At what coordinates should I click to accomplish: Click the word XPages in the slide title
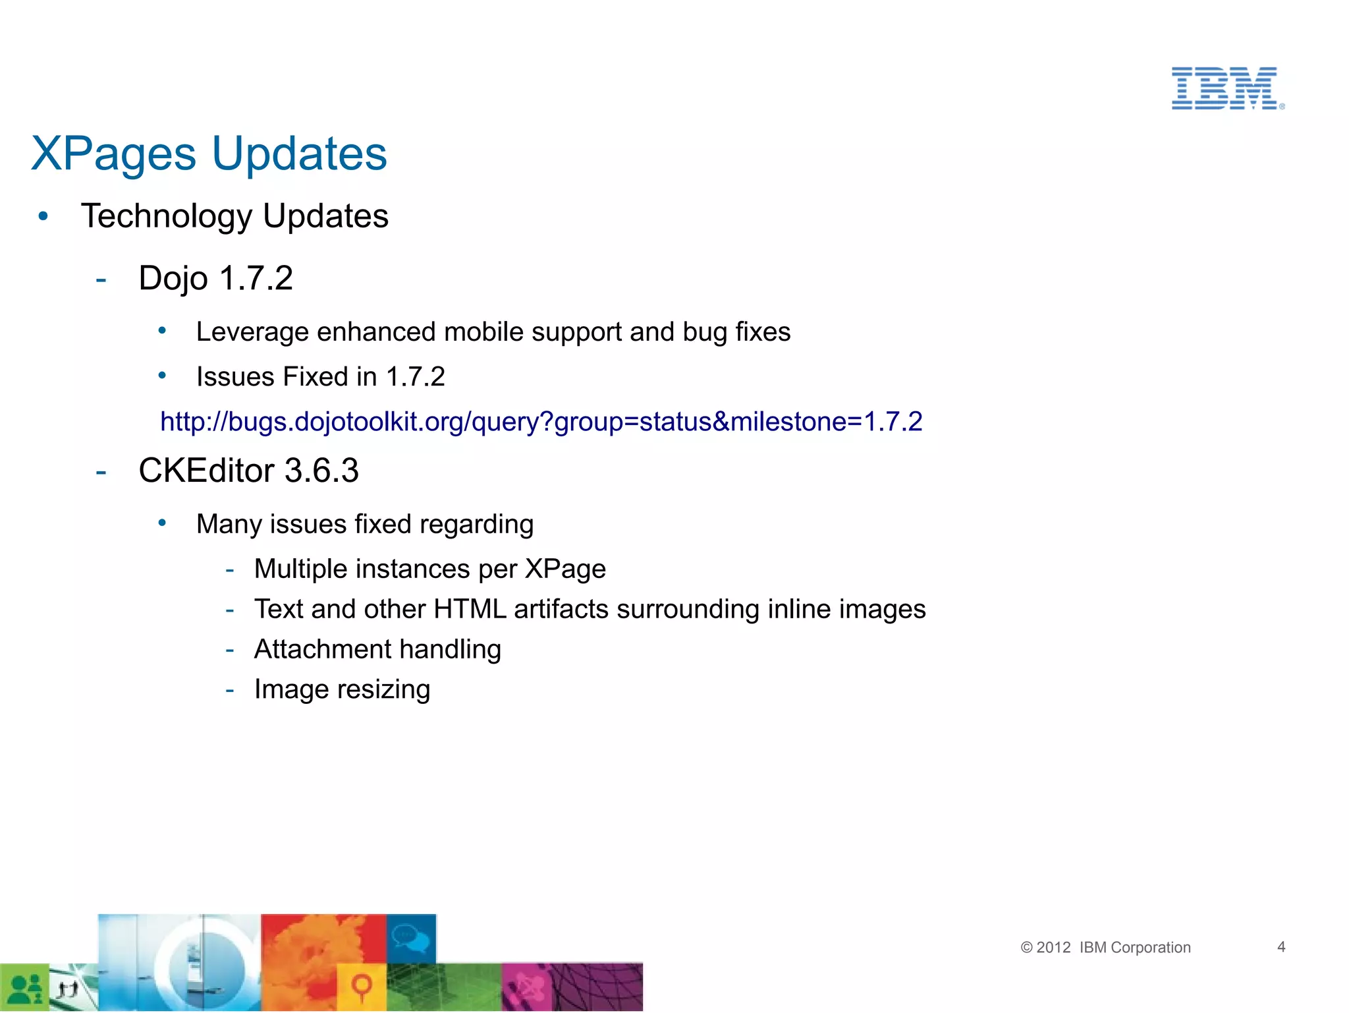[113, 154]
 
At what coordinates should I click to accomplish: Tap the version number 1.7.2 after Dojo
[256, 278]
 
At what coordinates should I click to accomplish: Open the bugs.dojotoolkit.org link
[541, 422]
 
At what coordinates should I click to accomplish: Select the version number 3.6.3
[321, 471]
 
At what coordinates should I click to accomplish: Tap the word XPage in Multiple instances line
[565, 569]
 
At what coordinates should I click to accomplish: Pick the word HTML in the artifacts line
[470, 610]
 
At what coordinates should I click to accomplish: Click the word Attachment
[322, 650]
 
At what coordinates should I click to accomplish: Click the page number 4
[1281, 947]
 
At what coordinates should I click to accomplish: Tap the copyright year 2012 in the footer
[1053, 948]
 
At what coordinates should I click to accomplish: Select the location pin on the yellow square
[362, 986]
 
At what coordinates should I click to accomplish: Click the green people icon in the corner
[25, 988]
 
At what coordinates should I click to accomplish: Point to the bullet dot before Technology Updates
[43, 216]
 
